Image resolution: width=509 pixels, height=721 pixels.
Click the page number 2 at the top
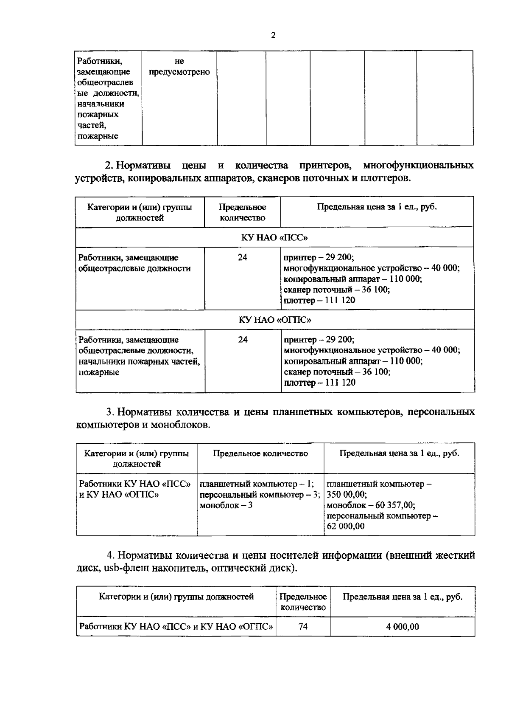coord(273,36)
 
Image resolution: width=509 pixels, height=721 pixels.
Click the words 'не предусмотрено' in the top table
coord(179,67)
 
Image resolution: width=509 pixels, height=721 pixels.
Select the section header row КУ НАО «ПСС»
coord(274,237)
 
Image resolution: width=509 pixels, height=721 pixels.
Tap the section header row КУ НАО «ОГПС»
coord(274,320)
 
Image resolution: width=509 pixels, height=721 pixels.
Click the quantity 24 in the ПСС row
coord(242,257)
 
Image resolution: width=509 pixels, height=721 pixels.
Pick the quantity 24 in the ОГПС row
coord(243,340)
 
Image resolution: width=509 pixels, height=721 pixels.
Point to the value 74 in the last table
coord(303,627)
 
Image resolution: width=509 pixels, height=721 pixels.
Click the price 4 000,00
coord(402,627)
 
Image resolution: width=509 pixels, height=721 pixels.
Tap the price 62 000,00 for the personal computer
coord(346,527)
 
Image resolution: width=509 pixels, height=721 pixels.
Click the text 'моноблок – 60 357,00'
coord(371,505)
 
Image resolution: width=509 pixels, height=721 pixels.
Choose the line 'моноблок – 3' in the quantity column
coord(226,505)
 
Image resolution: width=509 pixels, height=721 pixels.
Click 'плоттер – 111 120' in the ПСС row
coord(319,301)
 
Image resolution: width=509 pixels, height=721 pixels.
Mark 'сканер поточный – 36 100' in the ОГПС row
coord(337,372)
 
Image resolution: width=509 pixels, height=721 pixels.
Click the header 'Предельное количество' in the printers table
coord(242,212)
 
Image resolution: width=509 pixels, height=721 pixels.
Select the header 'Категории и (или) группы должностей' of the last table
coord(176,597)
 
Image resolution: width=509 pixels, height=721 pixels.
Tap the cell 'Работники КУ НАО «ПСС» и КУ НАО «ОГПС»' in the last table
coord(176,627)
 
